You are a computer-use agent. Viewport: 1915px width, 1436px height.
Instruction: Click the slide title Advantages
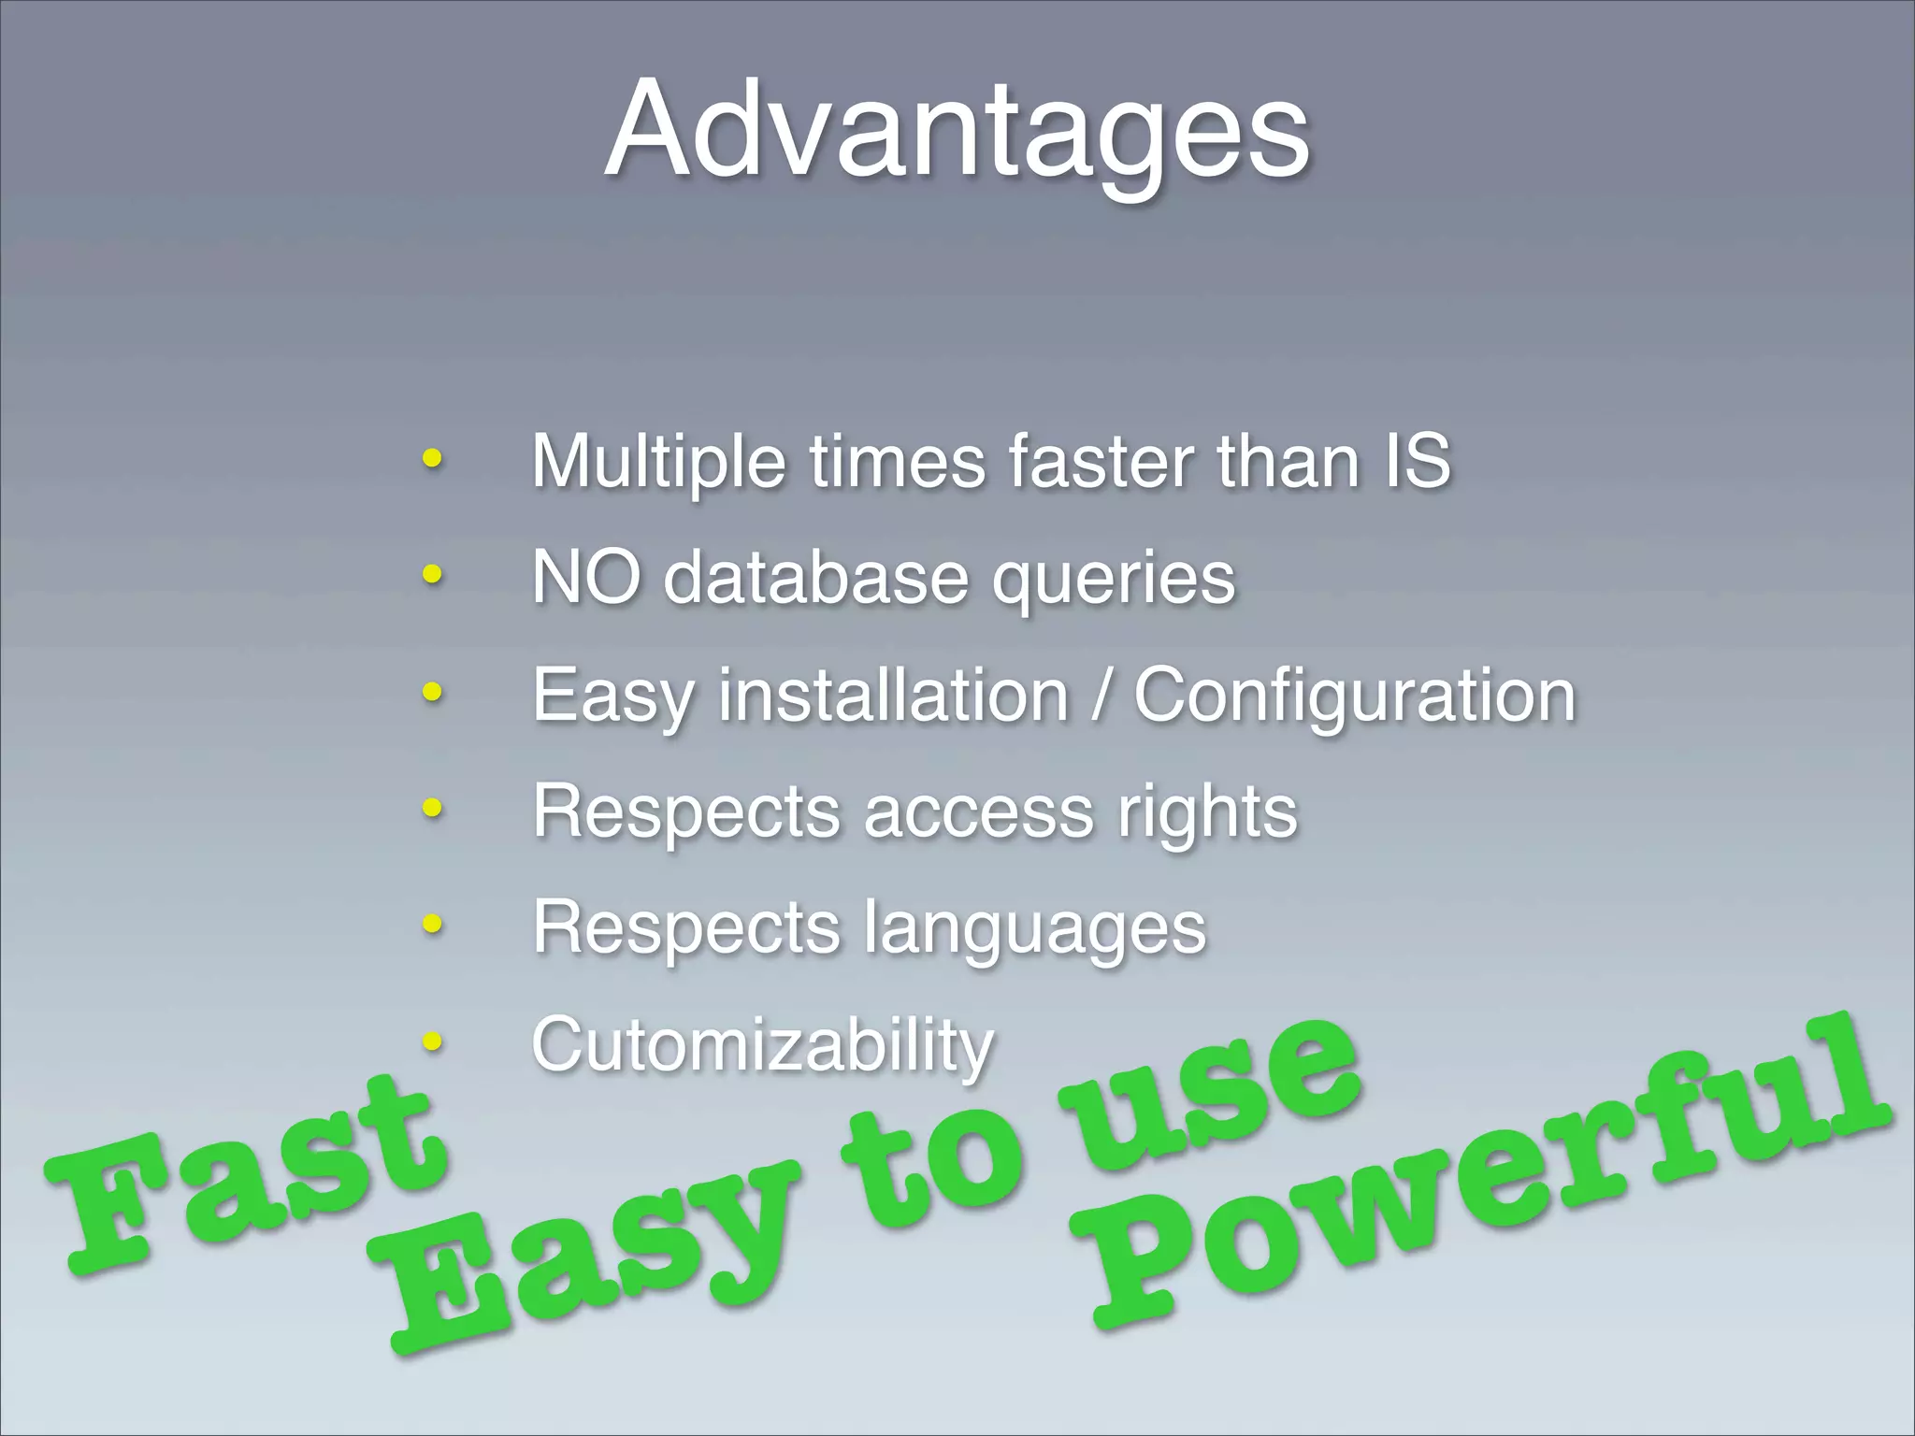(x=957, y=131)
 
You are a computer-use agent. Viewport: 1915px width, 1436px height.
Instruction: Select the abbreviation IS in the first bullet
(x=1418, y=461)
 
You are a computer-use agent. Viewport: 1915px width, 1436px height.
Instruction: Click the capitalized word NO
(x=586, y=577)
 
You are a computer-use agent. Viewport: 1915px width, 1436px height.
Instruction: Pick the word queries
(x=1114, y=580)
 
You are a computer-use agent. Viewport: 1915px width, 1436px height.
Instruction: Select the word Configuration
(x=1355, y=696)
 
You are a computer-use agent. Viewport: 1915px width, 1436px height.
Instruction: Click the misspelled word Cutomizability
(x=762, y=1045)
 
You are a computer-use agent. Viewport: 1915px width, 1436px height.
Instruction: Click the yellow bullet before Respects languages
(x=432, y=924)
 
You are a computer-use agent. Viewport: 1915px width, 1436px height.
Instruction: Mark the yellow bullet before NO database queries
(x=432, y=574)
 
